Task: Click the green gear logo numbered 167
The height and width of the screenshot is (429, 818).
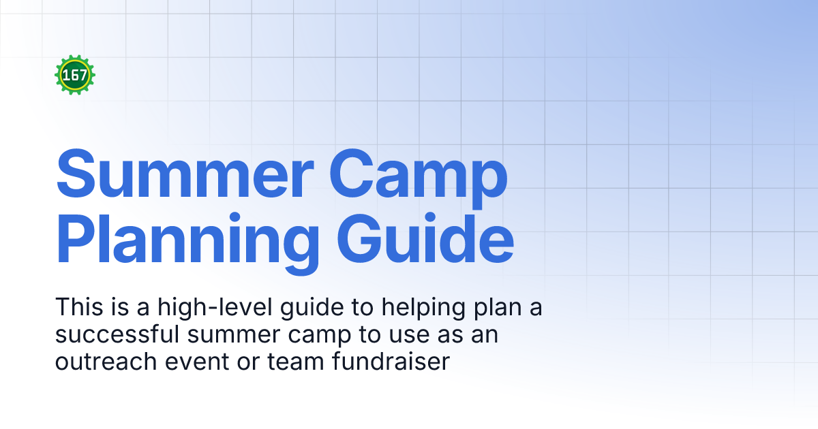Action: click(75, 75)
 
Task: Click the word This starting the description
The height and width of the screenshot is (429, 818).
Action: click(78, 308)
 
